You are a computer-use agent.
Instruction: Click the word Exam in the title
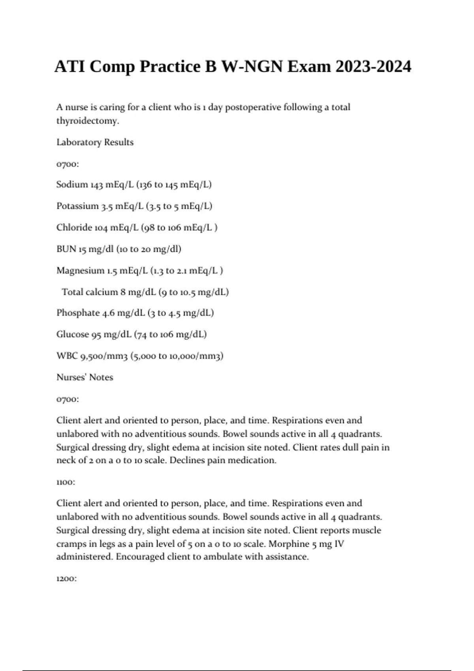tap(309, 66)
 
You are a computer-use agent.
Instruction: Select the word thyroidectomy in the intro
tap(87, 121)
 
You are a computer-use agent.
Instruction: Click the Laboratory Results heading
tap(95, 142)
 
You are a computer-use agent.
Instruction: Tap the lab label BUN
tap(66, 249)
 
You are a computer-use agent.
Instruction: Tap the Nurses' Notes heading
tap(85, 377)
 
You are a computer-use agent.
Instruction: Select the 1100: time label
tap(66, 482)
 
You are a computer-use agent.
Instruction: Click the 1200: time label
tap(66, 579)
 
